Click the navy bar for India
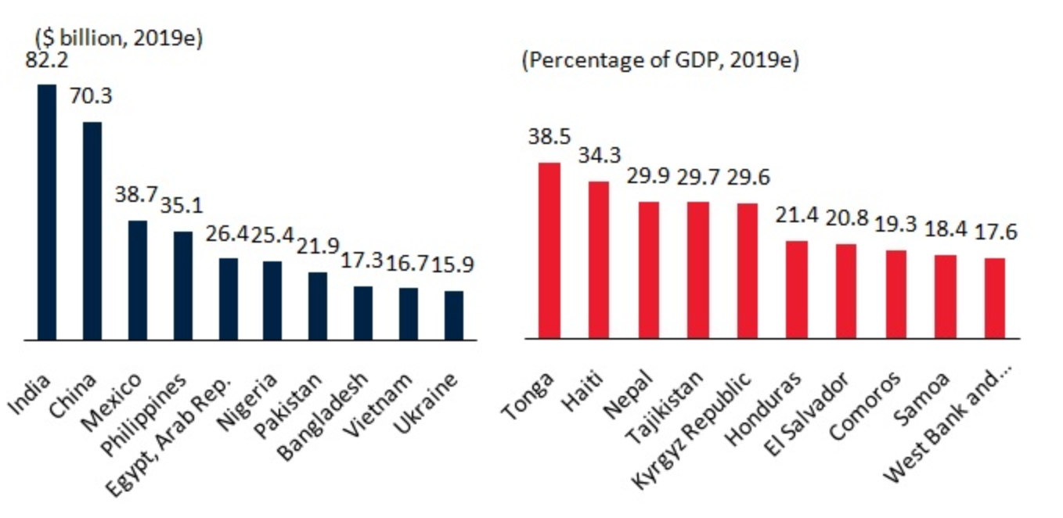[47, 212]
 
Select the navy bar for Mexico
[138, 280]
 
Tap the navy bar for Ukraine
[454, 315]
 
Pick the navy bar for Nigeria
[272, 300]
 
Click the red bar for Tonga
[550, 250]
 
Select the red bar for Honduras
[796, 290]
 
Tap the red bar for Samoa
[945, 297]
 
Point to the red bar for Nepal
[648, 270]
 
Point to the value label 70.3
[91, 96]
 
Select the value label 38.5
[550, 136]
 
